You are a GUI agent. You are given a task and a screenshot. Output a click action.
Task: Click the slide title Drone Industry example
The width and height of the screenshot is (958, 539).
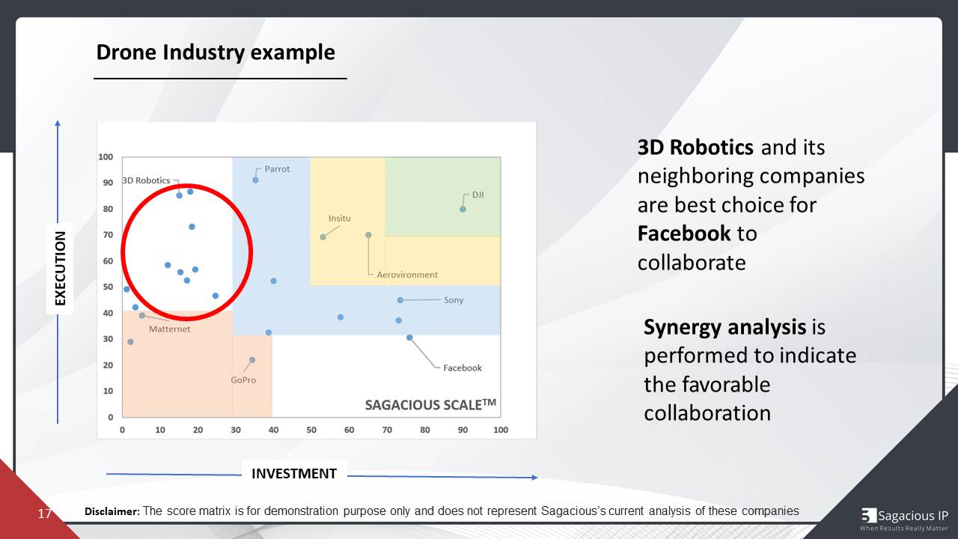[x=216, y=52]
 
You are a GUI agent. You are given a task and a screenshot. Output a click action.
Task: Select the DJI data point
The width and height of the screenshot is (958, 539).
[x=463, y=209]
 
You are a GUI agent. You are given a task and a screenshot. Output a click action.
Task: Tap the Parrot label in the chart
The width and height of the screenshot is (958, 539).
[x=277, y=169]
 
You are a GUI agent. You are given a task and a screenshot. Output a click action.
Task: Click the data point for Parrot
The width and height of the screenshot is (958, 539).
[x=255, y=180]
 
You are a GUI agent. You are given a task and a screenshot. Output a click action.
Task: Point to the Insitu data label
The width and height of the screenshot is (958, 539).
[x=339, y=219]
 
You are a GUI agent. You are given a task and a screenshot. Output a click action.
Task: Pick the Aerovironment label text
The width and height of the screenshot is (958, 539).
[x=406, y=275]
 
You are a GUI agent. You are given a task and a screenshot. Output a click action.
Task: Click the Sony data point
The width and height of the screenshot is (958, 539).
[x=400, y=300]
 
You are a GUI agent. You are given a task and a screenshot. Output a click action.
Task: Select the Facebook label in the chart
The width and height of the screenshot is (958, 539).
[x=462, y=368]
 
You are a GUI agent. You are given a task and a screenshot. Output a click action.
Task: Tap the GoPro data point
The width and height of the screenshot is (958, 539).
[x=252, y=360]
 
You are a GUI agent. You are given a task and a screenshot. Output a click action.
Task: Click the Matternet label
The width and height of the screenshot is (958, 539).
[x=169, y=329]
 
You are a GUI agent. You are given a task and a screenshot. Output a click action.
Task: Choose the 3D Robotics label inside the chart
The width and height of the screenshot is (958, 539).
[x=147, y=181]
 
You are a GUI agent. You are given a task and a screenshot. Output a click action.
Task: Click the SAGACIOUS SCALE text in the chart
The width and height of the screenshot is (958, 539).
[x=430, y=405]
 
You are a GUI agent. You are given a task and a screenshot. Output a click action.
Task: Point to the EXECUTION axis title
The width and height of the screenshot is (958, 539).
[x=61, y=268]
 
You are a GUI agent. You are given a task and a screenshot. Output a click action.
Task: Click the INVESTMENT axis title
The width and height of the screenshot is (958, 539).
[x=293, y=473]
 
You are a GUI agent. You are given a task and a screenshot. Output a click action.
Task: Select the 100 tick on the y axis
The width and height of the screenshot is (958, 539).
[x=106, y=157]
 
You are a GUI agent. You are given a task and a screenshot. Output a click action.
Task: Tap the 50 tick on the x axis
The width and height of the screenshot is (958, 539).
[x=311, y=430]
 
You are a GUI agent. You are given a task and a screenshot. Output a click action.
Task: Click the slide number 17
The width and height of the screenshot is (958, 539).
[x=44, y=514]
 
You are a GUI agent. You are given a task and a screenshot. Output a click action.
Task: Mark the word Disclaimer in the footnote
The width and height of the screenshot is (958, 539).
[x=112, y=511]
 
